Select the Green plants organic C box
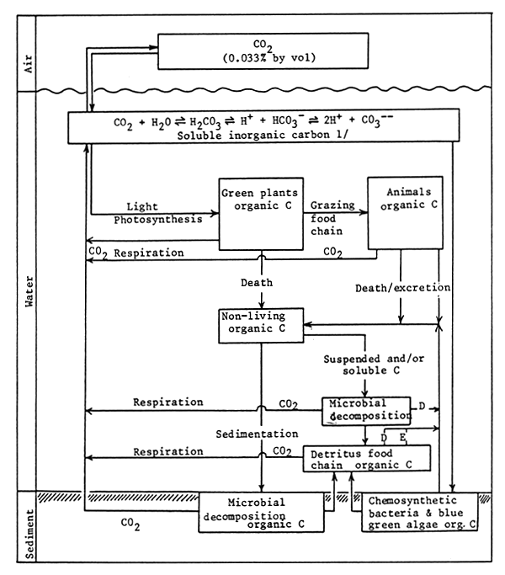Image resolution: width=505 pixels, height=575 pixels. (261, 213)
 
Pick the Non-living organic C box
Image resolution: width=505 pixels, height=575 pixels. (260, 324)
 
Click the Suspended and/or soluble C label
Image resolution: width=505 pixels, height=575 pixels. (364, 365)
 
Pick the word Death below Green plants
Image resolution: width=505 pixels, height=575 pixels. (261, 283)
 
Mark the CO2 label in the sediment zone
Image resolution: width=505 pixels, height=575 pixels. (130, 523)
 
